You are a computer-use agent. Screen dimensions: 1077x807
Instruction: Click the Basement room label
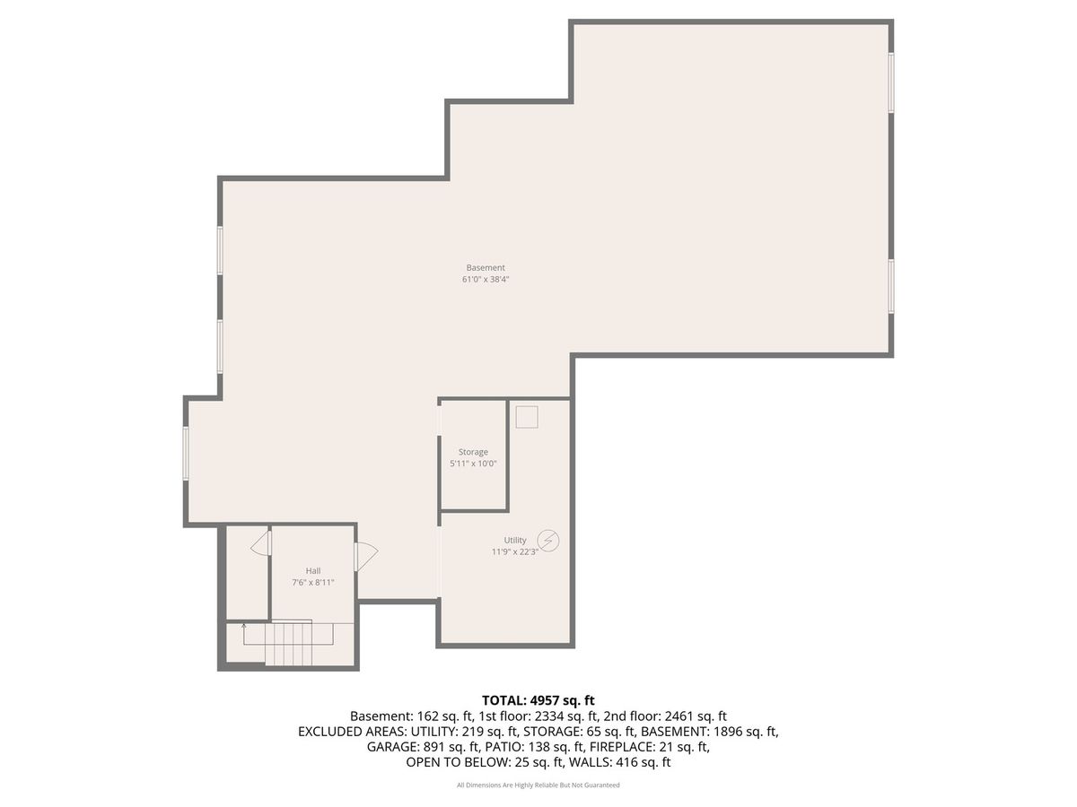pyautogui.click(x=485, y=267)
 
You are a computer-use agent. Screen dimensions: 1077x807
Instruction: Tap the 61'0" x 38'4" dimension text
pyautogui.click(x=486, y=279)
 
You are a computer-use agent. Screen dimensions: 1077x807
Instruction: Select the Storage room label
pyautogui.click(x=473, y=452)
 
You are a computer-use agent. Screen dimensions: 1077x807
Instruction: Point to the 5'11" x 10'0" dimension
pyautogui.click(x=473, y=464)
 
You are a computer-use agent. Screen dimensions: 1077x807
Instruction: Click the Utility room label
pyautogui.click(x=514, y=540)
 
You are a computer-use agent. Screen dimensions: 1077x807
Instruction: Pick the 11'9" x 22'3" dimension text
pyautogui.click(x=514, y=551)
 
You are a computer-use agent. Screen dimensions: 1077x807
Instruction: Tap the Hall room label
pyautogui.click(x=313, y=571)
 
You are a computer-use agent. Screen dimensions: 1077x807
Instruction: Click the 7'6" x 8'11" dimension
pyautogui.click(x=313, y=583)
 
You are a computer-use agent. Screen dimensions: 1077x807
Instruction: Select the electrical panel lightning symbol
pyautogui.click(x=548, y=541)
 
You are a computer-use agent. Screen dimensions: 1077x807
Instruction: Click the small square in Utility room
pyautogui.click(x=527, y=417)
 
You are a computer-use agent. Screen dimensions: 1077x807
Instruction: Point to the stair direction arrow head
pyautogui.click(x=244, y=626)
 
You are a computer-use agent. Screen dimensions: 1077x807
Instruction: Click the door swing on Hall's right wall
pyautogui.click(x=366, y=556)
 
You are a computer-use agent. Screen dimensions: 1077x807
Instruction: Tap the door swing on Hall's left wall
pyautogui.click(x=260, y=543)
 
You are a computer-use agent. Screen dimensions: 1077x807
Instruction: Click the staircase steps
pyautogui.click(x=288, y=644)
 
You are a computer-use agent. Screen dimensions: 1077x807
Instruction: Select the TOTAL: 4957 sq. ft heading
pyautogui.click(x=538, y=700)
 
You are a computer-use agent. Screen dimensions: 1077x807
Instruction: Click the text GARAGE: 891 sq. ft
pyautogui.click(x=423, y=747)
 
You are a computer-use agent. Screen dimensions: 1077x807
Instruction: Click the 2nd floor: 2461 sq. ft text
pyautogui.click(x=665, y=716)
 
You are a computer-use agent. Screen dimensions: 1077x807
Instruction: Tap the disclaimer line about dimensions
pyautogui.click(x=538, y=785)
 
